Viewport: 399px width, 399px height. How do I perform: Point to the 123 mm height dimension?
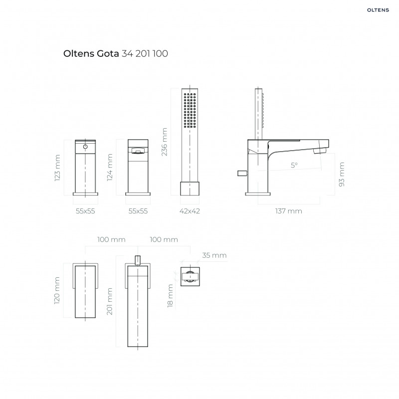(58, 168)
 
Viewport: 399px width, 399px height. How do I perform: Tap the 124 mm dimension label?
(111, 168)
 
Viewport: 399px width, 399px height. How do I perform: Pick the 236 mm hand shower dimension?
(165, 142)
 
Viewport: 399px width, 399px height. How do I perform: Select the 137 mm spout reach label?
(288, 211)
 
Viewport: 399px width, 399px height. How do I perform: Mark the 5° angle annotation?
(294, 165)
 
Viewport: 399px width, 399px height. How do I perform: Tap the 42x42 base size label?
(189, 211)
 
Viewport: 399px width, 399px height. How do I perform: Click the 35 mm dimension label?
(214, 255)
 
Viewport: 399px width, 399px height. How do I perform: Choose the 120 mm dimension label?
(58, 291)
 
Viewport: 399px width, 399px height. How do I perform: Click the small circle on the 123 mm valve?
(85, 147)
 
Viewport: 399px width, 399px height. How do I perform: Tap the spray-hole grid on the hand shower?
(189, 111)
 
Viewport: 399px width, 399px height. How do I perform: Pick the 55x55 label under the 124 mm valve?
(138, 211)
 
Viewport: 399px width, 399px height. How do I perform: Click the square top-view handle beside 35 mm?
(190, 276)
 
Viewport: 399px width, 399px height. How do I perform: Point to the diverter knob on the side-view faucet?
(241, 173)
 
